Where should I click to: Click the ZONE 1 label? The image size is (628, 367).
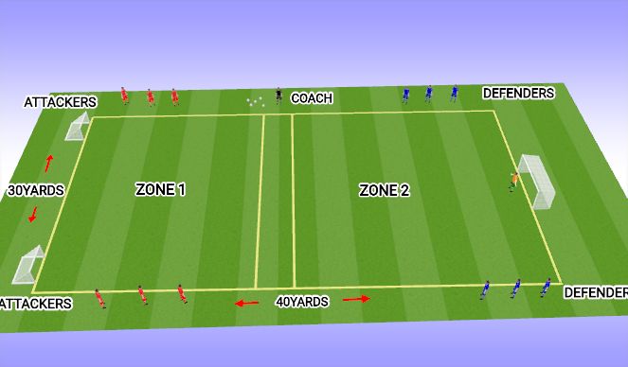click(160, 190)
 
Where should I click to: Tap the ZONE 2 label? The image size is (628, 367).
click(384, 190)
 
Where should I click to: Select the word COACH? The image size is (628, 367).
click(311, 97)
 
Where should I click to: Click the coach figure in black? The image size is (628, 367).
click(278, 95)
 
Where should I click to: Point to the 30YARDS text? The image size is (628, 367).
click(37, 190)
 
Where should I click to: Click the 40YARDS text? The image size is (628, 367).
click(301, 302)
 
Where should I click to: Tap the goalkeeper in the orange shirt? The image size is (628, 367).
click(514, 181)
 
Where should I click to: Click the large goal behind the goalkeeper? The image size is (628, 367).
click(536, 181)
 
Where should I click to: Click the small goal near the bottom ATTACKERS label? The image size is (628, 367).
click(28, 265)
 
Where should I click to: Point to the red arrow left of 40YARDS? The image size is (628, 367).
click(246, 303)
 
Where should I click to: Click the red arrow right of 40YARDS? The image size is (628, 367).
click(356, 299)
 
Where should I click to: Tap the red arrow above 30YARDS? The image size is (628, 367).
click(48, 162)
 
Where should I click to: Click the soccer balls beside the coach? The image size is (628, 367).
click(255, 101)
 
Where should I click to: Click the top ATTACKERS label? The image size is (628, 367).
click(61, 101)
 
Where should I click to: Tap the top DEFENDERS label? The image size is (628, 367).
click(518, 93)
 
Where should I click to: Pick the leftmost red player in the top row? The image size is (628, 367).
click(123, 95)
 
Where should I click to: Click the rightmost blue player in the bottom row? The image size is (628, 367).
click(546, 287)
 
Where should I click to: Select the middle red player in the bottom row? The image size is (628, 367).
click(141, 295)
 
